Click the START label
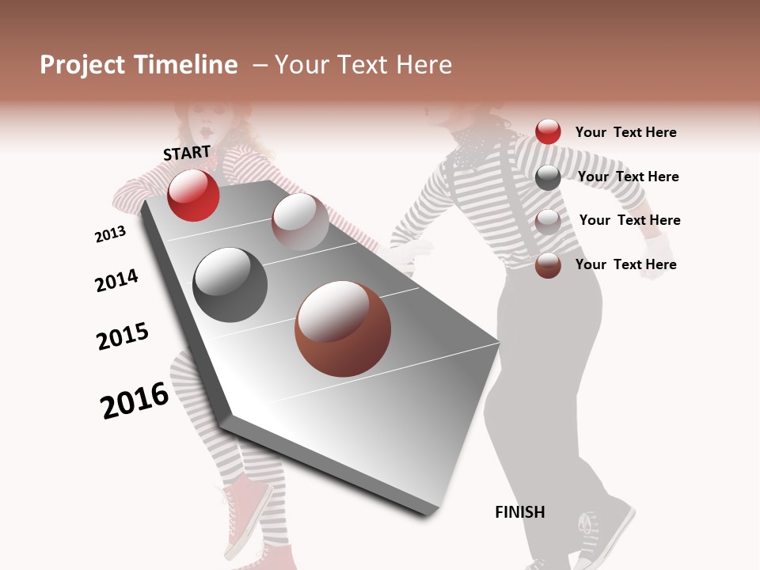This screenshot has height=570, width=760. point(187,153)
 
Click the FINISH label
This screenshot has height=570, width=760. point(519,512)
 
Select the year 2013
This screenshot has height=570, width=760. point(110,234)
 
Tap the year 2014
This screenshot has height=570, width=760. point(116,281)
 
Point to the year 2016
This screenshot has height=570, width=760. point(135,400)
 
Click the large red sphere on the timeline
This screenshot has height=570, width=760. point(193,195)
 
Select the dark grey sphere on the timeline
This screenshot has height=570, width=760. point(230,285)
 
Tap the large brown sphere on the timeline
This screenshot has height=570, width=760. point(343,329)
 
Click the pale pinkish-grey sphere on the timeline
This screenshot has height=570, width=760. point(300,221)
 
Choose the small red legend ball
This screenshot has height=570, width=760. point(548,131)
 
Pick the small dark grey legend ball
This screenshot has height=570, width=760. point(548,177)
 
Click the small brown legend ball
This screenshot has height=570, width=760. point(548,265)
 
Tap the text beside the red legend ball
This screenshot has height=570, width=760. point(625,132)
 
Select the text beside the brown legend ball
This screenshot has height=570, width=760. point(625,264)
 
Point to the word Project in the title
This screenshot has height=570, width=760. point(83,65)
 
